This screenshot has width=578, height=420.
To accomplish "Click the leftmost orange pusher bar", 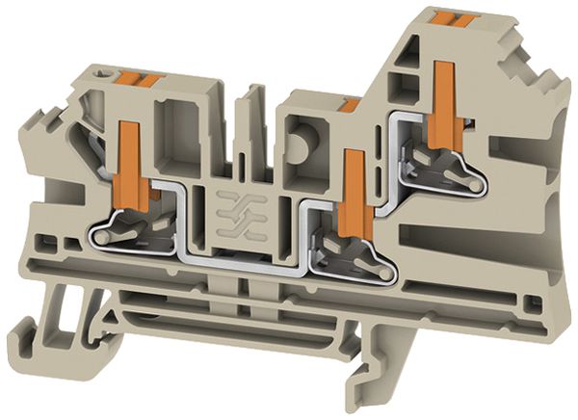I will point(132,164).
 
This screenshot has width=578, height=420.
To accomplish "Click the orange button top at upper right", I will point(451,19).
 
